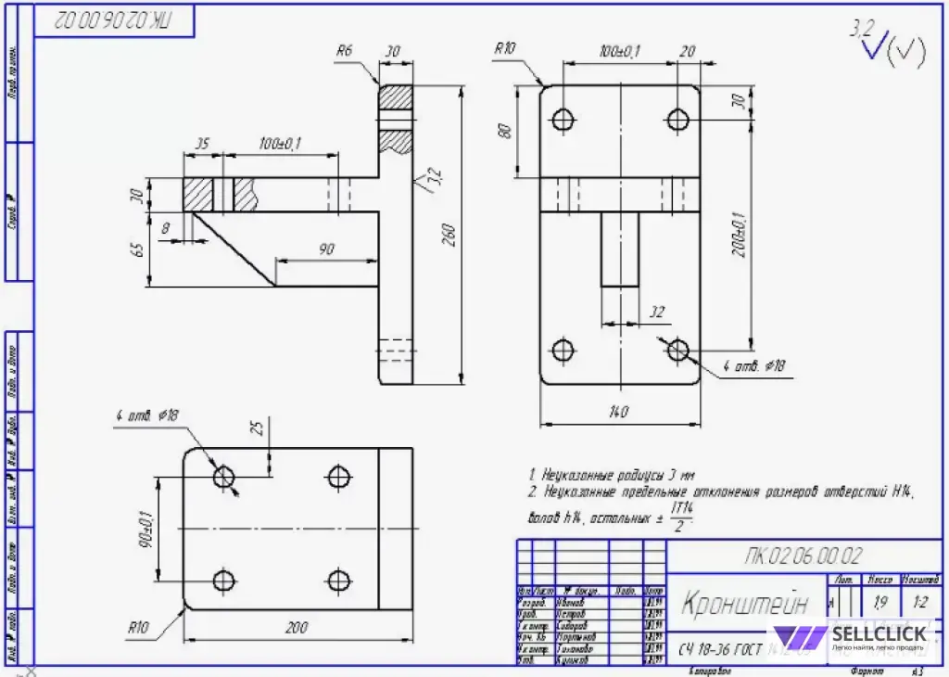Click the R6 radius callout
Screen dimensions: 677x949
pos(344,51)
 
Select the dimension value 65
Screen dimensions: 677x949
pos(138,250)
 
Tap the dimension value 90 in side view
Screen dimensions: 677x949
pos(326,250)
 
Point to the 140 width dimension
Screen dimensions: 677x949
pos(619,411)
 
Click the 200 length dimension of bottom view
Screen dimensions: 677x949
pos(296,629)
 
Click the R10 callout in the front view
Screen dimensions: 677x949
pos(504,49)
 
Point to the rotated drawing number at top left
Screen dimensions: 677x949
pos(114,19)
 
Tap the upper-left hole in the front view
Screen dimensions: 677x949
pos(563,119)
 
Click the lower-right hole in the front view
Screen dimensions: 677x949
pos(678,350)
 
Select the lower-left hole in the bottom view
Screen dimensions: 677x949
pos(223,581)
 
